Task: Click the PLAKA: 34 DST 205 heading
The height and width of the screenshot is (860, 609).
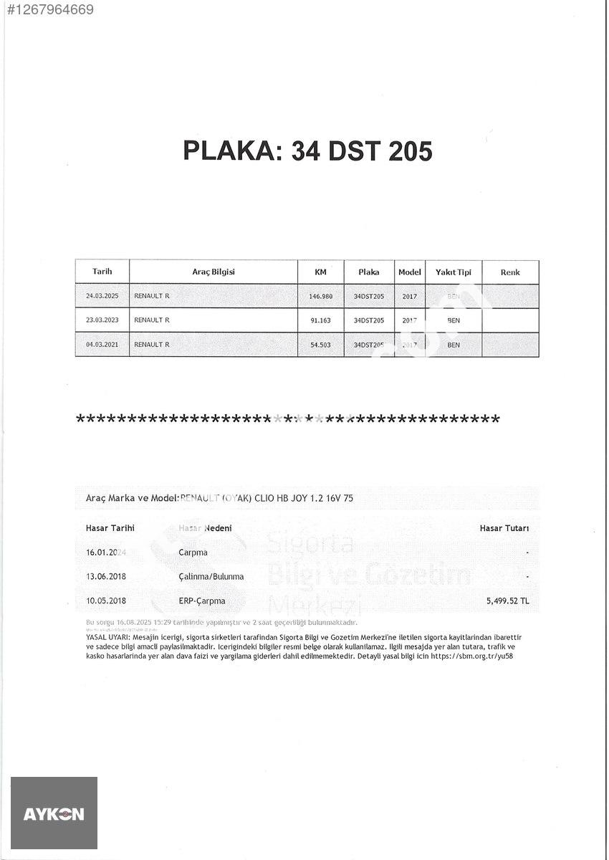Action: click(307, 151)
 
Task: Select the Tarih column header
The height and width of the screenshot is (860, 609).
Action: click(102, 272)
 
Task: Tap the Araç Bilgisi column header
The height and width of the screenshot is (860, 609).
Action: click(214, 272)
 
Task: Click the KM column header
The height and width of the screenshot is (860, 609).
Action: click(320, 272)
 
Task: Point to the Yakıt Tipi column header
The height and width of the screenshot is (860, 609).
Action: click(453, 272)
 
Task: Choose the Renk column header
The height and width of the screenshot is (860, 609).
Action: click(510, 272)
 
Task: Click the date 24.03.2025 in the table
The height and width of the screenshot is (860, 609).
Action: click(102, 296)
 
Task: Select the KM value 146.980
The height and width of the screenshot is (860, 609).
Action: click(321, 297)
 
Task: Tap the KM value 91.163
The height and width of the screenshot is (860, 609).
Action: click(321, 320)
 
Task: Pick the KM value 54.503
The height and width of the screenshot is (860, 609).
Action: click(321, 345)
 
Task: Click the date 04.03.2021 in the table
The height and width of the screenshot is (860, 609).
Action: click(102, 345)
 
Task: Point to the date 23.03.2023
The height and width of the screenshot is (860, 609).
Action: click(102, 320)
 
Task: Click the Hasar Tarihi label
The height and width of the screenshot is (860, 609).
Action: click(110, 528)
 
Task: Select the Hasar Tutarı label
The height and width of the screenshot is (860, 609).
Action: click(504, 528)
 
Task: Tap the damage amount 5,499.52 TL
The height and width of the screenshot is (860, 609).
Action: click(507, 601)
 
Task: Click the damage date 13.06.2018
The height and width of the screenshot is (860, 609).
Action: click(106, 576)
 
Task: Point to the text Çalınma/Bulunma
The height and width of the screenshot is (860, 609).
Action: click(211, 576)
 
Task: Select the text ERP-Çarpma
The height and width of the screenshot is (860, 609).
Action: click(201, 601)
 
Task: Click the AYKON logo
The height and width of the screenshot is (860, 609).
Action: click(54, 813)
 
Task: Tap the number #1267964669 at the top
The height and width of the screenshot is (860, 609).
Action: click(49, 9)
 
